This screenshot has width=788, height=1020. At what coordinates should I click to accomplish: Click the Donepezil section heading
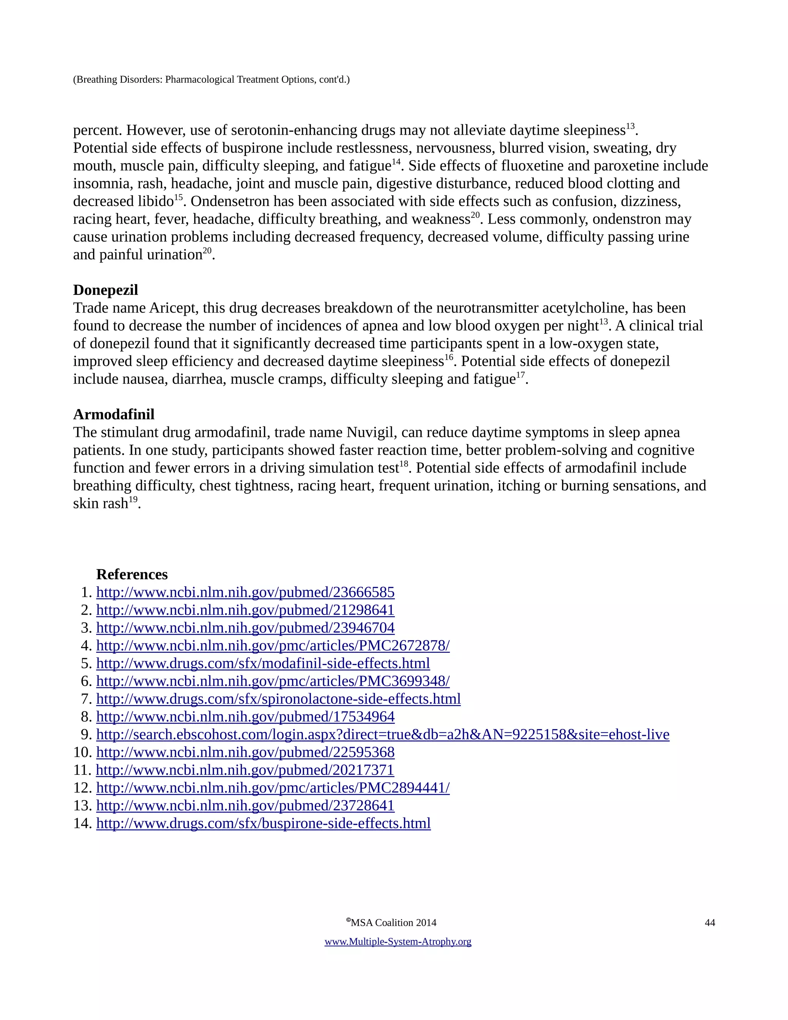coord(105,290)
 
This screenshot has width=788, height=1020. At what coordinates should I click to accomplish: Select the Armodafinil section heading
coord(114,414)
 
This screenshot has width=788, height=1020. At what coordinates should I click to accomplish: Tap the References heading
coord(132,574)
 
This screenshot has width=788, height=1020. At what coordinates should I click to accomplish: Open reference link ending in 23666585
coord(245,592)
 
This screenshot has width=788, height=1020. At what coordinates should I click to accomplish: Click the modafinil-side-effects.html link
coord(263,663)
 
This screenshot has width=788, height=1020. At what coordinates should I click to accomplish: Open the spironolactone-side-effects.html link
coord(278,699)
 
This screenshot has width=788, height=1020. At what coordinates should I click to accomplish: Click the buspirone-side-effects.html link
coord(263,823)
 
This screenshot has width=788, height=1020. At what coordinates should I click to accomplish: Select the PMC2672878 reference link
coord(273,645)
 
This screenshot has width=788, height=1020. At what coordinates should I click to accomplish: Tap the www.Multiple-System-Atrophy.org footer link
coord(398,941)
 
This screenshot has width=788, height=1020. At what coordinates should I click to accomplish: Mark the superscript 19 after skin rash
coord(133,500)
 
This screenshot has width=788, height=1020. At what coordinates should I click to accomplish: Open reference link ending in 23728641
coord(245,805)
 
